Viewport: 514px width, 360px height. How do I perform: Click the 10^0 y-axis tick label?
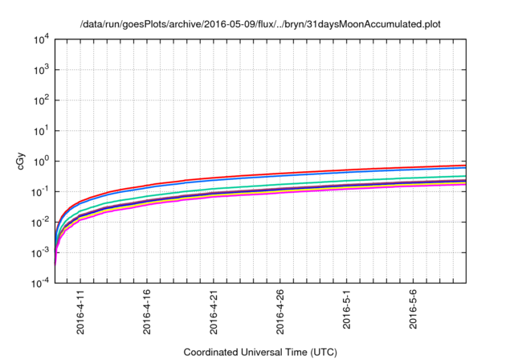(x=42, y=161)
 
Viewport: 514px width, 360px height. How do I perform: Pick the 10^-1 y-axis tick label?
(x=41, y=191)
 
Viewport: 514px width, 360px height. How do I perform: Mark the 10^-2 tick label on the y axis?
(x=41, y=222)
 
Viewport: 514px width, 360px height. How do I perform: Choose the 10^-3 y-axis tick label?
(x=41, y=252)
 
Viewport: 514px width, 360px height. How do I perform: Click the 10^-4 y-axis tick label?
(x=41, y=282)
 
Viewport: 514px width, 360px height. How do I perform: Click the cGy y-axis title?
(x=22, y=161)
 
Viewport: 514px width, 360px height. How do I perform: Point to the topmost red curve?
(x=321, y=173)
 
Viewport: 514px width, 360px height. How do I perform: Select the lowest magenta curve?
(x=321, y=191)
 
